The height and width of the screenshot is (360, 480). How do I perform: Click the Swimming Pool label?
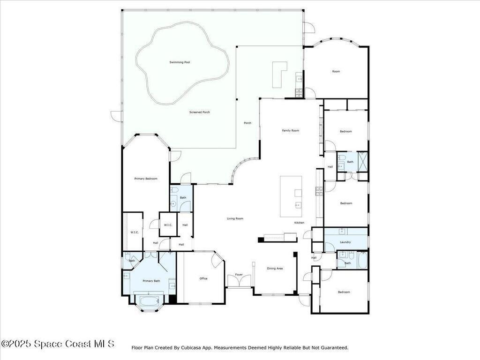[x=180, y=62]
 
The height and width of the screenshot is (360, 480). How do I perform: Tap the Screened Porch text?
[x=199, y=112]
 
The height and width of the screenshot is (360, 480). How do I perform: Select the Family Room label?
[x=290, y=130]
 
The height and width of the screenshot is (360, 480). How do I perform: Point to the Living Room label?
[x=235, y=218]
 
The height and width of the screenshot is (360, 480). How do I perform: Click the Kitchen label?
[x=299, y=222]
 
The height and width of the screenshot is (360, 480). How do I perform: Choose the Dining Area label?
[x=275, y=269]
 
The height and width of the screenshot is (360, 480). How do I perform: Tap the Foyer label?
[x=239, y=275]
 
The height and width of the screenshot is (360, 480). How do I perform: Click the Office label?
[x=203, y=278]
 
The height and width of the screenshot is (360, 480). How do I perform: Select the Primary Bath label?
[x=151, y=281]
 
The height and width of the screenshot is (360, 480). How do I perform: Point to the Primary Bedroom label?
[x=145, y=179]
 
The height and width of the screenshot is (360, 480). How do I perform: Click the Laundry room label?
[x=345, y=242]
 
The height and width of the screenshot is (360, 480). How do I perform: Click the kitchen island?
[x=291, y=196]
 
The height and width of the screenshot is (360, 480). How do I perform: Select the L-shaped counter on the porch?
[x=280, y=74]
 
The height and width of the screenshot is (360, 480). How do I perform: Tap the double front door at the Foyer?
[x=239, y=281]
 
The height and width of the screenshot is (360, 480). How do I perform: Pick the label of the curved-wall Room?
[x=336, y=71]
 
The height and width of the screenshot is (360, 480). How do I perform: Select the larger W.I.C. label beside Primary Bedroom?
[x=134, y=232]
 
